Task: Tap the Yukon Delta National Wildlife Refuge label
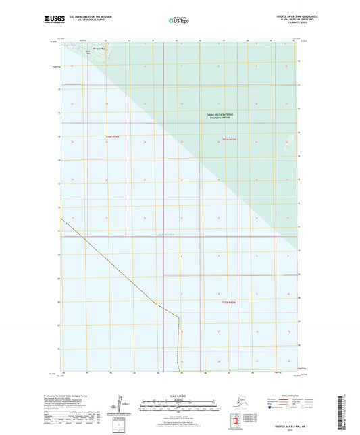click(221, 116)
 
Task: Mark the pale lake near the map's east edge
click(292, 138)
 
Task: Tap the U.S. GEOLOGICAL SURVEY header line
click(76, 21)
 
